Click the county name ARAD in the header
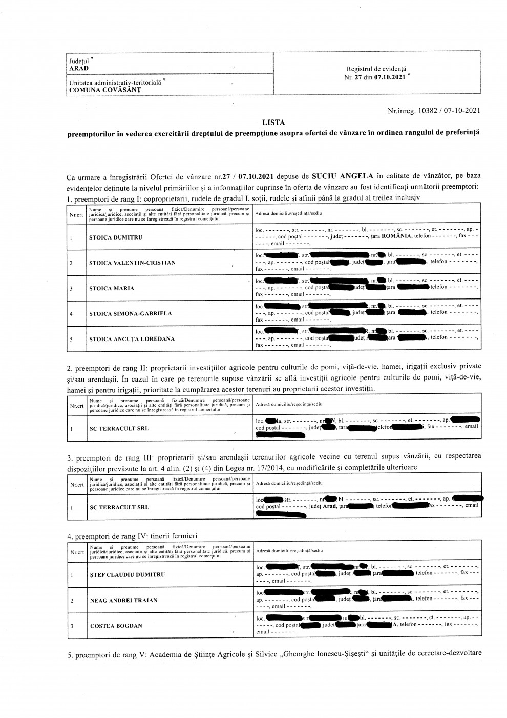tap(79, 68)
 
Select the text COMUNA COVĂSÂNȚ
tap(105, 90)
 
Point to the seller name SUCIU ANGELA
tap(341, 176)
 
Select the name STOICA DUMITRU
tap(116, 237)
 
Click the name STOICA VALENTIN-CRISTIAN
tap(132, 263)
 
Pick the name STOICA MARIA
tap(112, 288)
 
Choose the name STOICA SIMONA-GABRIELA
tap(131, 313)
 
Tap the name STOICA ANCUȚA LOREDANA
tap(132, 339)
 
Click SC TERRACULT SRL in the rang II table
tap(119, 428)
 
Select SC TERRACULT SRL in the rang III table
tap(119, 507)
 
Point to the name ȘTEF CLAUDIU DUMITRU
tap(128, 575)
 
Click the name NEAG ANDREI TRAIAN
tap(123, 600)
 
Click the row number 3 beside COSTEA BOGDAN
tap(72, 626)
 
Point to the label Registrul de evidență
tap(377, 69)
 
